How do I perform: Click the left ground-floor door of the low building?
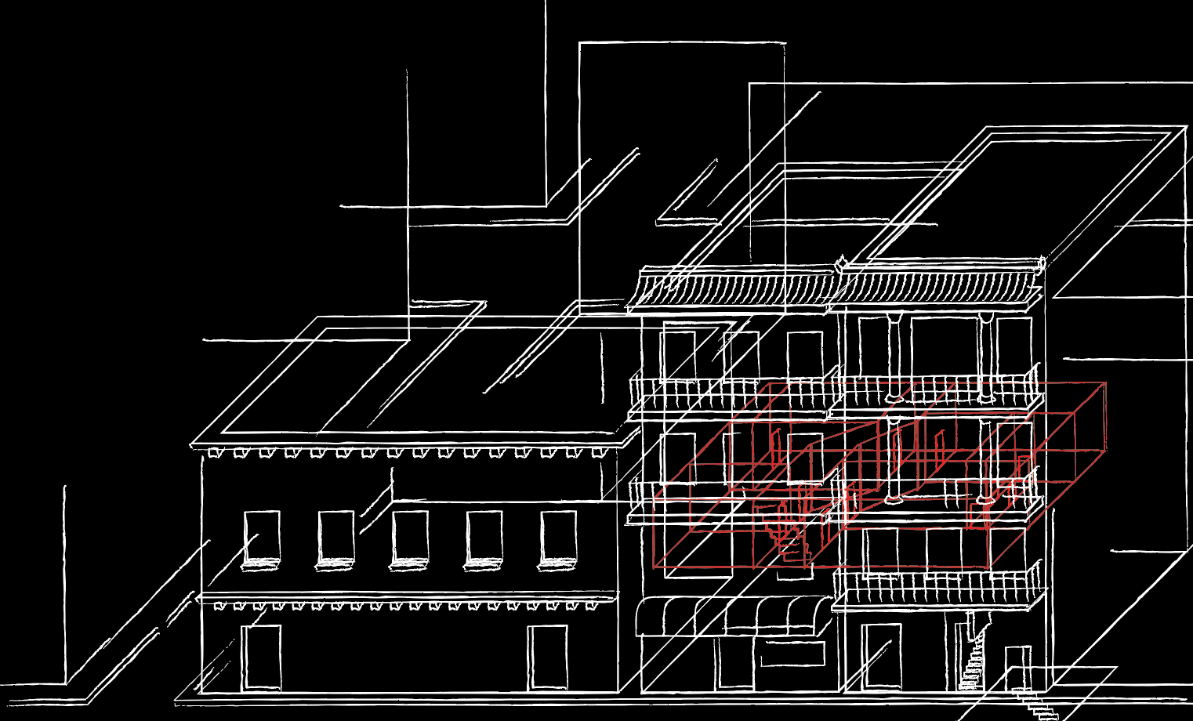(x=261, y=658)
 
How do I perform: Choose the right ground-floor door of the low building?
(x=547, y=658)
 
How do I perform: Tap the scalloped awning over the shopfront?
(x=733, y=616)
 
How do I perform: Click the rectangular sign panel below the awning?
(x=792, y=653)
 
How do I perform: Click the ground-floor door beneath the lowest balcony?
(x=881, y=658)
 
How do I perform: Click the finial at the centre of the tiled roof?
(x=841, y=263)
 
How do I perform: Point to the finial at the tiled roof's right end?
(x=1041, y=263)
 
